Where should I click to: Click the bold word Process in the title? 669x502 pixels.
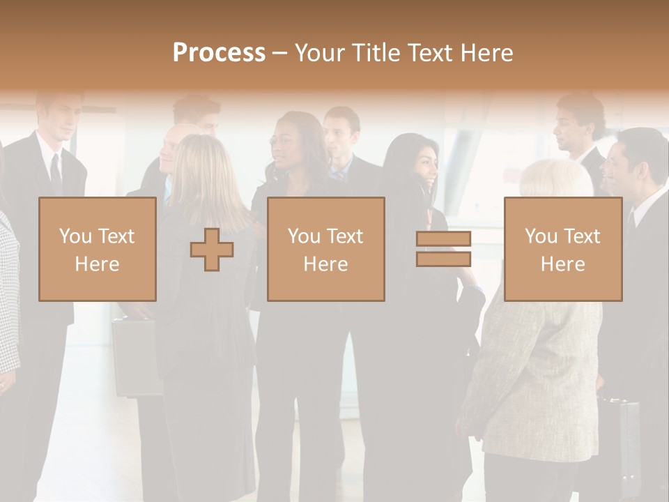point(219,53)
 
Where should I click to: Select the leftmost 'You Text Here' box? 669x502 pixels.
point(98,249)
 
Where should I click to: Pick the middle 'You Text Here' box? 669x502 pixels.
point(325,249)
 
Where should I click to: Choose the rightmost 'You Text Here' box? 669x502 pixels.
point(562,249)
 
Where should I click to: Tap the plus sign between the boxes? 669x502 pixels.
point(212,250)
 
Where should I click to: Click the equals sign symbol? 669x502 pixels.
point(443,249)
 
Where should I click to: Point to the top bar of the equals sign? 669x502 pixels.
point(443,239)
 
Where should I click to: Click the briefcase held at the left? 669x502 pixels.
point(136,356)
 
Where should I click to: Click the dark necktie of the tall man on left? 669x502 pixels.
point(56,174)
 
